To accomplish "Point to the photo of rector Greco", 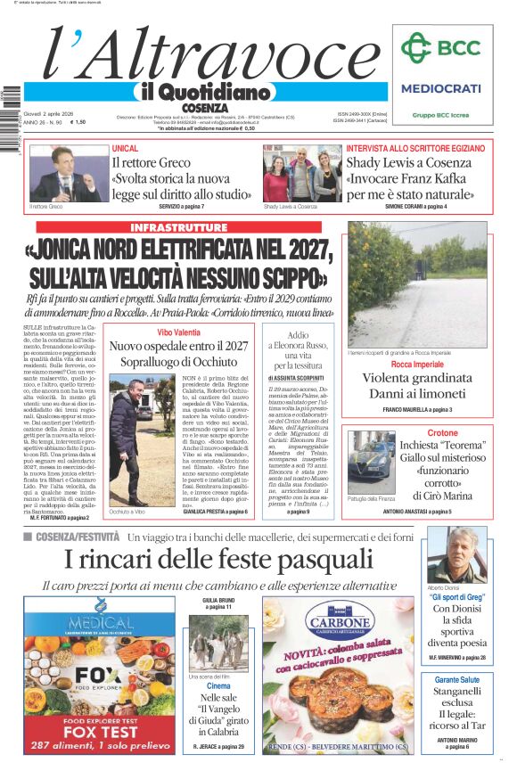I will (x=64, y=174).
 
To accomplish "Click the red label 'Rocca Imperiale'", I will (x=416, y=365).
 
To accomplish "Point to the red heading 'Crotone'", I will (x=443, y=433).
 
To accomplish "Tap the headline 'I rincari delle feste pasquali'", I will (x=219, y=559).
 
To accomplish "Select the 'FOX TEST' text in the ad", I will (x=100, y=727).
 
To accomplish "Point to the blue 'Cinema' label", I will (x=218, y=686).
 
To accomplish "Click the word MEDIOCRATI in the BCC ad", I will (x=440, y=88).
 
